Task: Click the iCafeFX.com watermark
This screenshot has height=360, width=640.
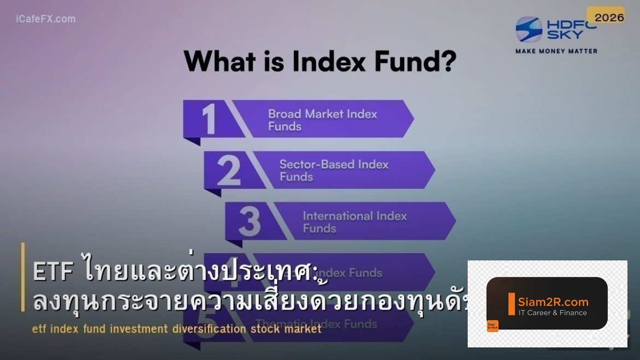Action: tap(46, 19)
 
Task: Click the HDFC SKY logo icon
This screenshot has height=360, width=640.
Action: tap(529, 29)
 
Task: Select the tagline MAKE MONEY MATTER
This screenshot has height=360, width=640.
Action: tap(556, 51)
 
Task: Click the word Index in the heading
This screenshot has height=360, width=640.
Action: tap(329, 61)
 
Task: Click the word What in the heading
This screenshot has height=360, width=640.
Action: tap(219, 61)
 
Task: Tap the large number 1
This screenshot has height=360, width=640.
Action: tap(209, 119)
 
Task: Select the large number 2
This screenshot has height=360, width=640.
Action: tap(229, 171)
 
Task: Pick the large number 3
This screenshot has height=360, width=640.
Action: tap(249, 222)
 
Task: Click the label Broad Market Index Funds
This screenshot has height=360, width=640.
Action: tap(322, 120)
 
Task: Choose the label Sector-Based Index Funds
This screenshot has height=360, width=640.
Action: tap(334, 170)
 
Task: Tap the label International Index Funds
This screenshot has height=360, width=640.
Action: tap(354, 222)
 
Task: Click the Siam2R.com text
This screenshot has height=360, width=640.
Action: tap(553, 301)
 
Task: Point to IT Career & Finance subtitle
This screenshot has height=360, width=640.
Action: tap(552, 313)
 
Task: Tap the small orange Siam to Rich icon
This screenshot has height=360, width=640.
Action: tap(492, 326)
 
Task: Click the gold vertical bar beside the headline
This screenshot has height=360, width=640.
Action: tap(23, 277)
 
